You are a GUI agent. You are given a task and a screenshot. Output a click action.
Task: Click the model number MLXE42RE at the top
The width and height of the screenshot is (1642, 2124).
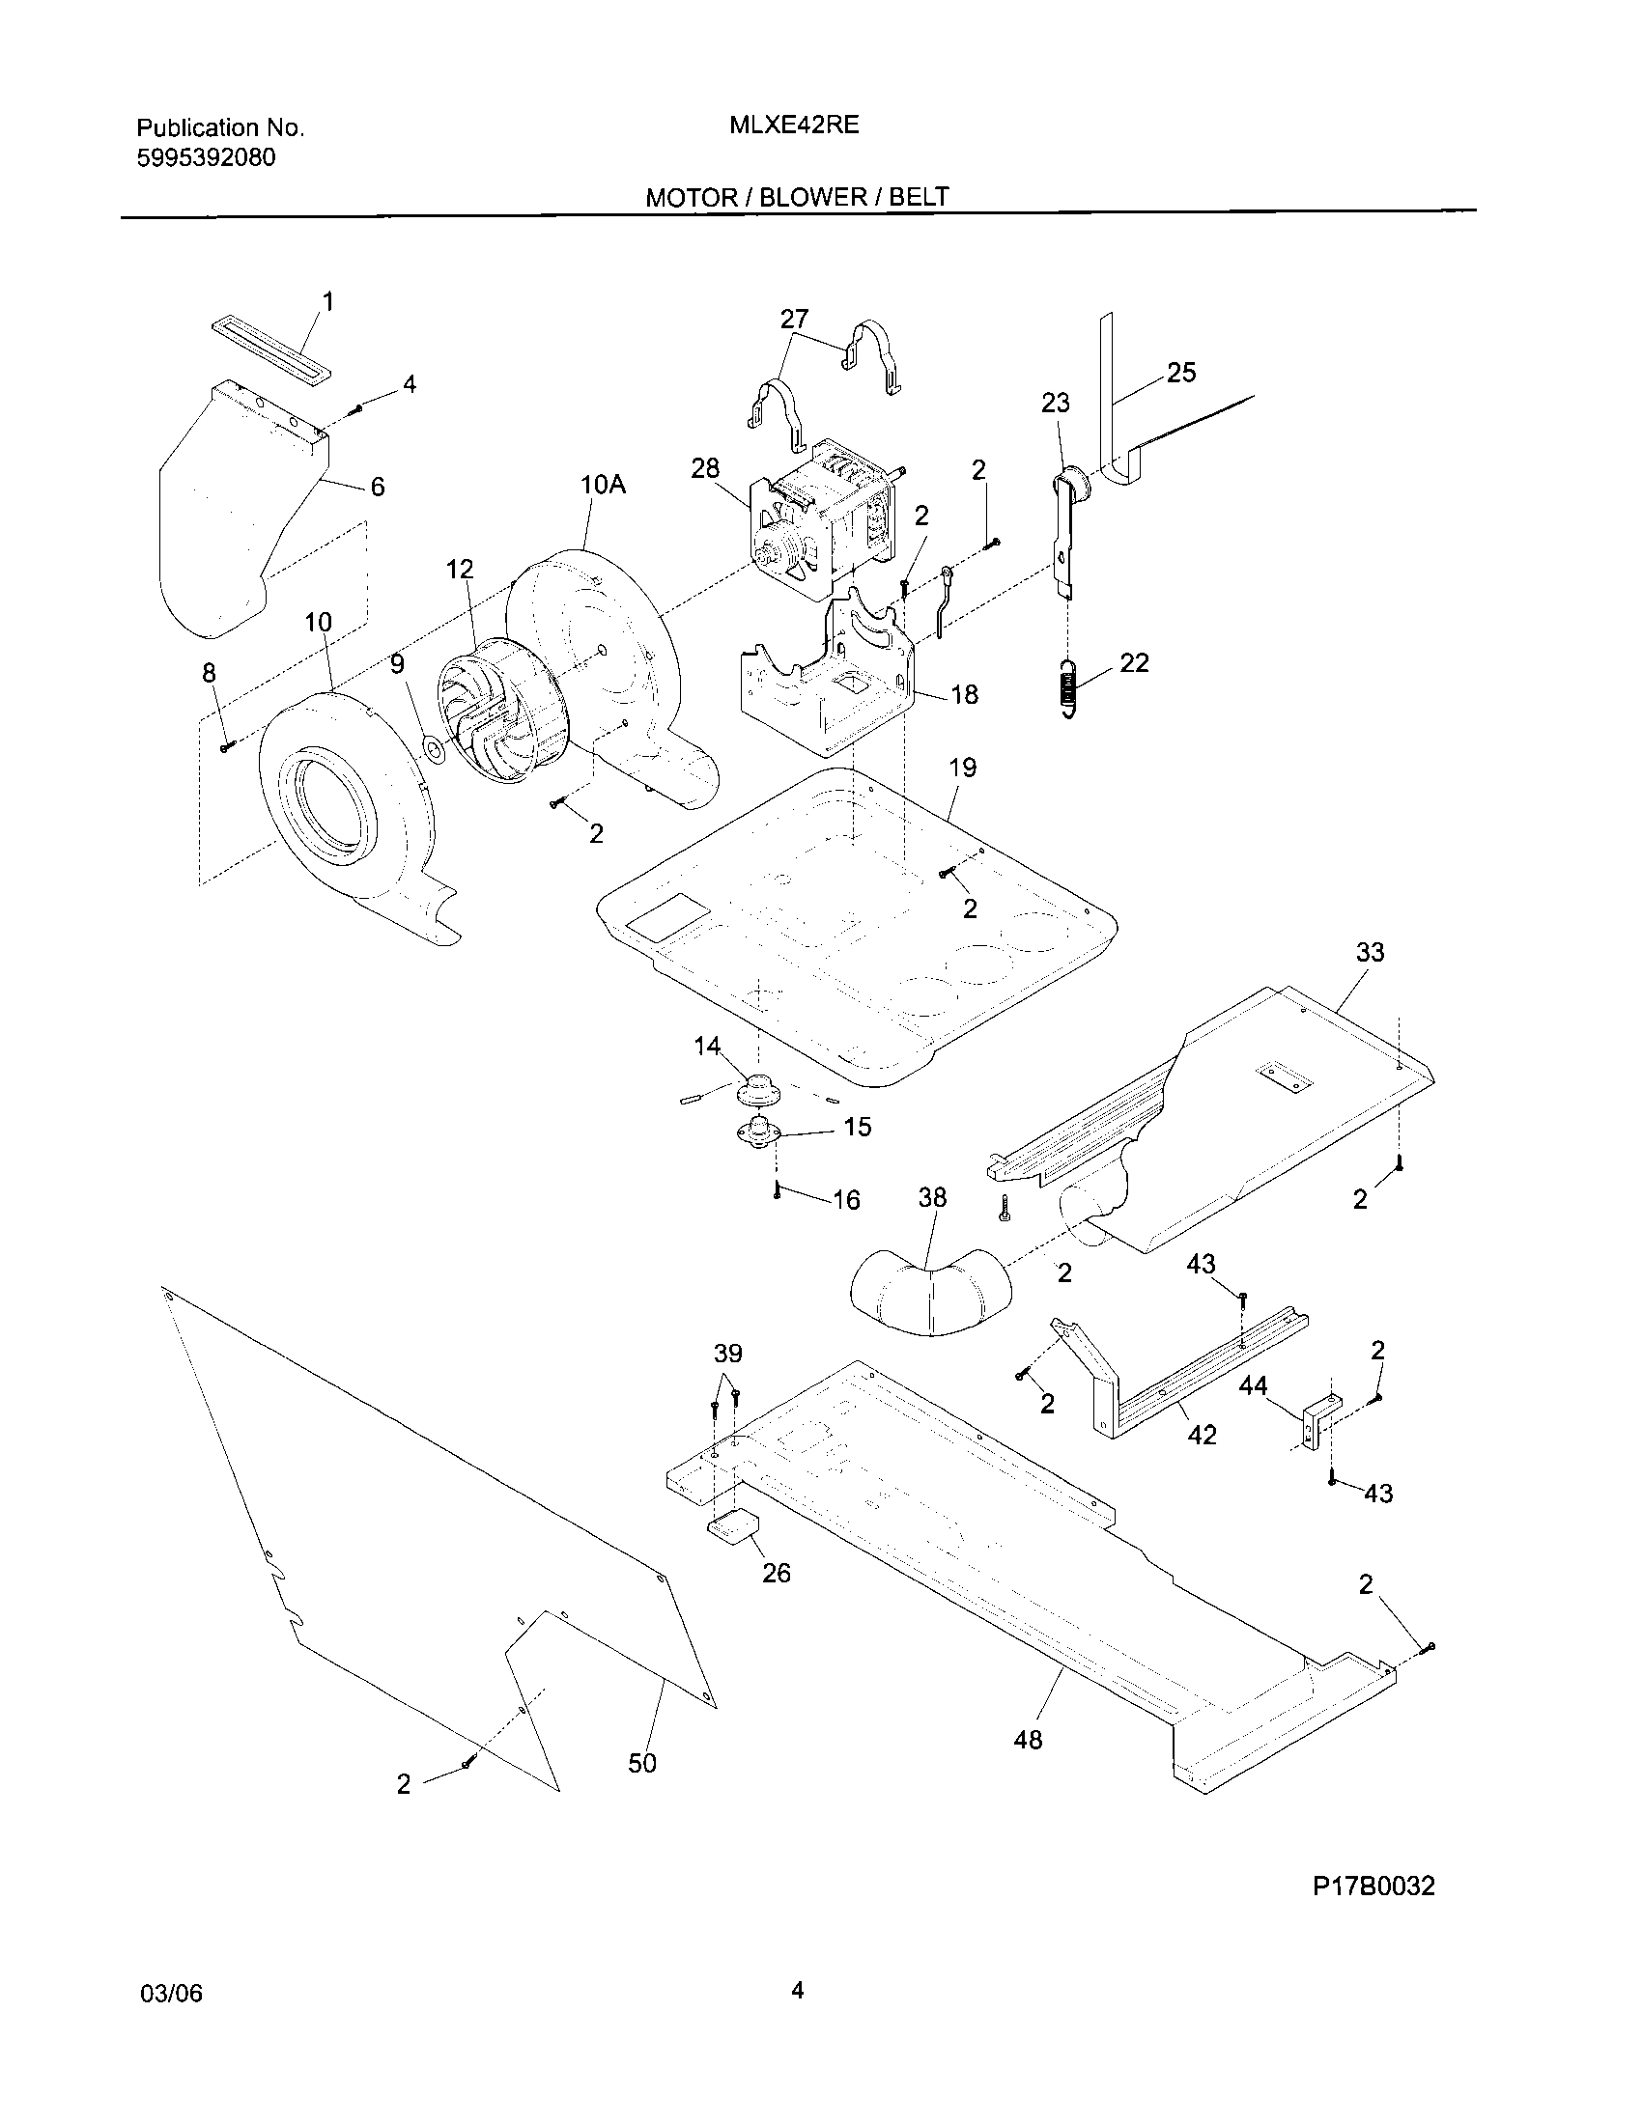coord(795,126)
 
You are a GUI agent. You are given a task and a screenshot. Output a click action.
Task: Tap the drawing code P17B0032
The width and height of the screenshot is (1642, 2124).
coord(1373,1886)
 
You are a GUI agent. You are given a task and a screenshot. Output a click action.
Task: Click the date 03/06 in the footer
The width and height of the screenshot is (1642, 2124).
coord(172,1994)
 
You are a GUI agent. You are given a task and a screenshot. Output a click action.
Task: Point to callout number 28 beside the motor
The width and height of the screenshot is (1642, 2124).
coord(705,469)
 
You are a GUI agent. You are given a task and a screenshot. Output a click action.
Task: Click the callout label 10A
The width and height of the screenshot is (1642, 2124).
coord(603,484)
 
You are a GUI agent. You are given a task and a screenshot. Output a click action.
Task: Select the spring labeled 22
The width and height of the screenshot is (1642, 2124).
coord(1069,686)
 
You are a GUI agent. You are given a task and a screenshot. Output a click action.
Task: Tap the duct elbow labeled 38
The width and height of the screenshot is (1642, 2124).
coord(929,1292)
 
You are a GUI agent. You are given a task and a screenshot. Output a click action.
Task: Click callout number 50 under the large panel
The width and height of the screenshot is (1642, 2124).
coord(642,1763)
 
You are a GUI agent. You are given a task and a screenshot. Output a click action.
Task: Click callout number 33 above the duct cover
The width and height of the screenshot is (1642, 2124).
coord(1370,952)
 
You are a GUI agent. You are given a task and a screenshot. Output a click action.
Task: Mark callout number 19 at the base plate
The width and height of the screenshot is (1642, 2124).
coord(962,768)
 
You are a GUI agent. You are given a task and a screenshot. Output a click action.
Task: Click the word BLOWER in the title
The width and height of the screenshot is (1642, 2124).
coord(813,197)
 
